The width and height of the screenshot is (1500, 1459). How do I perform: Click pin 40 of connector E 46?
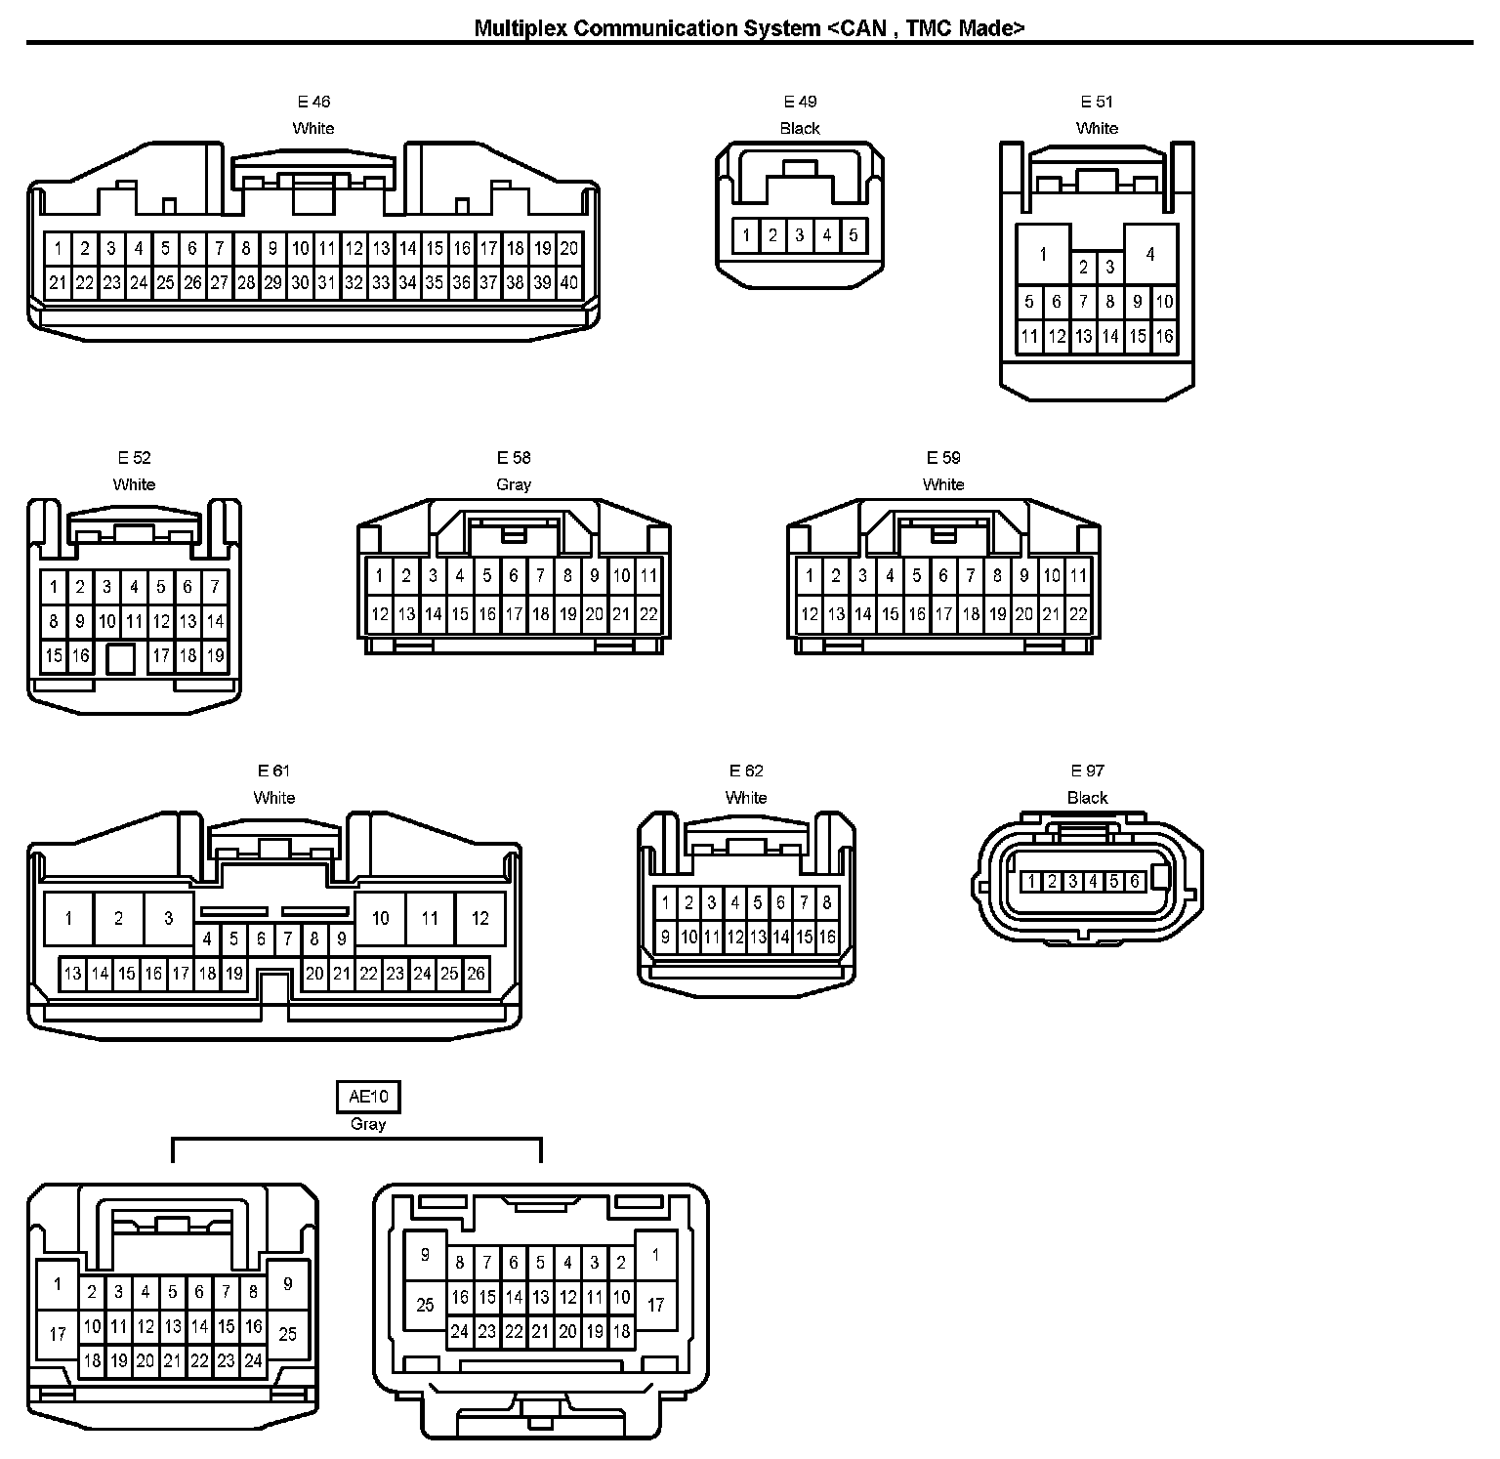coord(569,283)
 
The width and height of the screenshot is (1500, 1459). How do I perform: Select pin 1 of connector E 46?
coord(59,248)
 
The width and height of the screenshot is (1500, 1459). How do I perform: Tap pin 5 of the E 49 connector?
coord(853,235)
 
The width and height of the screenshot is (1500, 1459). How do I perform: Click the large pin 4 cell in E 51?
coord(1150,254)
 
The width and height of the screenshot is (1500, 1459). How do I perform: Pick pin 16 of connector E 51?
coord(1164,337)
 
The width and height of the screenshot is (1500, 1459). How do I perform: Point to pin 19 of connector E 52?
coord(215,656)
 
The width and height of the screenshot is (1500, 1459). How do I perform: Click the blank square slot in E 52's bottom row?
coord(120,658)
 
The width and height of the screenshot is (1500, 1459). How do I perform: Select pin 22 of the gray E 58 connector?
coord(648,614)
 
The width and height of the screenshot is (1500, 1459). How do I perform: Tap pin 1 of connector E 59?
coord(809,576)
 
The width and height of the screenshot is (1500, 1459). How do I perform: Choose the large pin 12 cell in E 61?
coord(479,918)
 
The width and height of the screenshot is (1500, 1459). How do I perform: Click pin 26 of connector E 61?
coord(476,974)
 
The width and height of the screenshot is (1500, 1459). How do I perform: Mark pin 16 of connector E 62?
coord(826,938)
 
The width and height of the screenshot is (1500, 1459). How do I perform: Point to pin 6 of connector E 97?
coord(1134,882)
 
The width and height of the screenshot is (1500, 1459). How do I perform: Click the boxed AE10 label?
coord(368,1097)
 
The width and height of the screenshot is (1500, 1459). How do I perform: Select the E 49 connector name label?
coord(800,102)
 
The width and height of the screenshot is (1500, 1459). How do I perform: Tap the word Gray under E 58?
coord(514,484)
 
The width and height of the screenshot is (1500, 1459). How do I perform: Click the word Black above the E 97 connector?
coord(1087,798)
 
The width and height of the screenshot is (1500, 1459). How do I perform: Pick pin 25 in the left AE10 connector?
coord(287,1333)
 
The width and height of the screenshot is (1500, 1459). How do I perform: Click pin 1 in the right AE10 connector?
coord(655,1255)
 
